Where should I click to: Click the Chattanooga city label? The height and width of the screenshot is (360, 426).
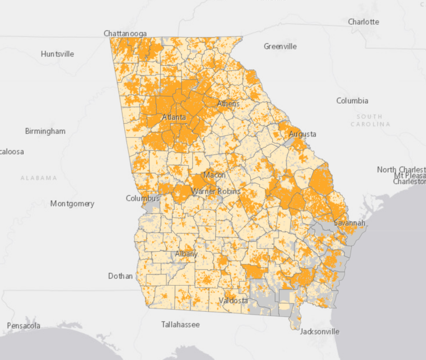coord(125,34)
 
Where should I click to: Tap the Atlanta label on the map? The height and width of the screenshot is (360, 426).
coord(174,118)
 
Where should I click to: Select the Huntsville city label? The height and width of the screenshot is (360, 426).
coord(57,54)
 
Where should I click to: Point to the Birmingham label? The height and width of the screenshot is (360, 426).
coord(45,131)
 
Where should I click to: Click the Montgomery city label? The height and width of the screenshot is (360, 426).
coord(72,204)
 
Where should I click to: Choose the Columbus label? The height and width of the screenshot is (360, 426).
coord(143,198)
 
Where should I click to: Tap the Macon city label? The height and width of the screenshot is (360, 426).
coord(214,175)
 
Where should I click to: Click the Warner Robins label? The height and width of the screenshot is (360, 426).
coord(216,191)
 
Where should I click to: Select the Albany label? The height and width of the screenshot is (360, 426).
coord(186,254)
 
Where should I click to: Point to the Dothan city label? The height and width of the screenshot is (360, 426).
coord(120,276)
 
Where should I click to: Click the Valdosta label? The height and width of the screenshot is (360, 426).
coord(233,301)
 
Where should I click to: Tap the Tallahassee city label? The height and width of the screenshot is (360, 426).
coord(180,324)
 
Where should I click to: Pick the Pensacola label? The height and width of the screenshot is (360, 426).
coord(23,326)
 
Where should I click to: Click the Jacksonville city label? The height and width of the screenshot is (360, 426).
coord(319,332)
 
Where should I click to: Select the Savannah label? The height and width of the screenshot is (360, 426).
coord(349,224)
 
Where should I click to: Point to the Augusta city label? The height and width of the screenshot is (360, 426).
coord(303,134)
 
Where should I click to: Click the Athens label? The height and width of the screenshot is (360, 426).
coord(228,104)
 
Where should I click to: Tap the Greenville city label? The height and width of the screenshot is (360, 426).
coord(280,46)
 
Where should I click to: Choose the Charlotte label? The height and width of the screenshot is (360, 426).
coord(363,22)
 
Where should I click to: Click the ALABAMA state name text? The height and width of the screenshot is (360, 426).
coord(39,178)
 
